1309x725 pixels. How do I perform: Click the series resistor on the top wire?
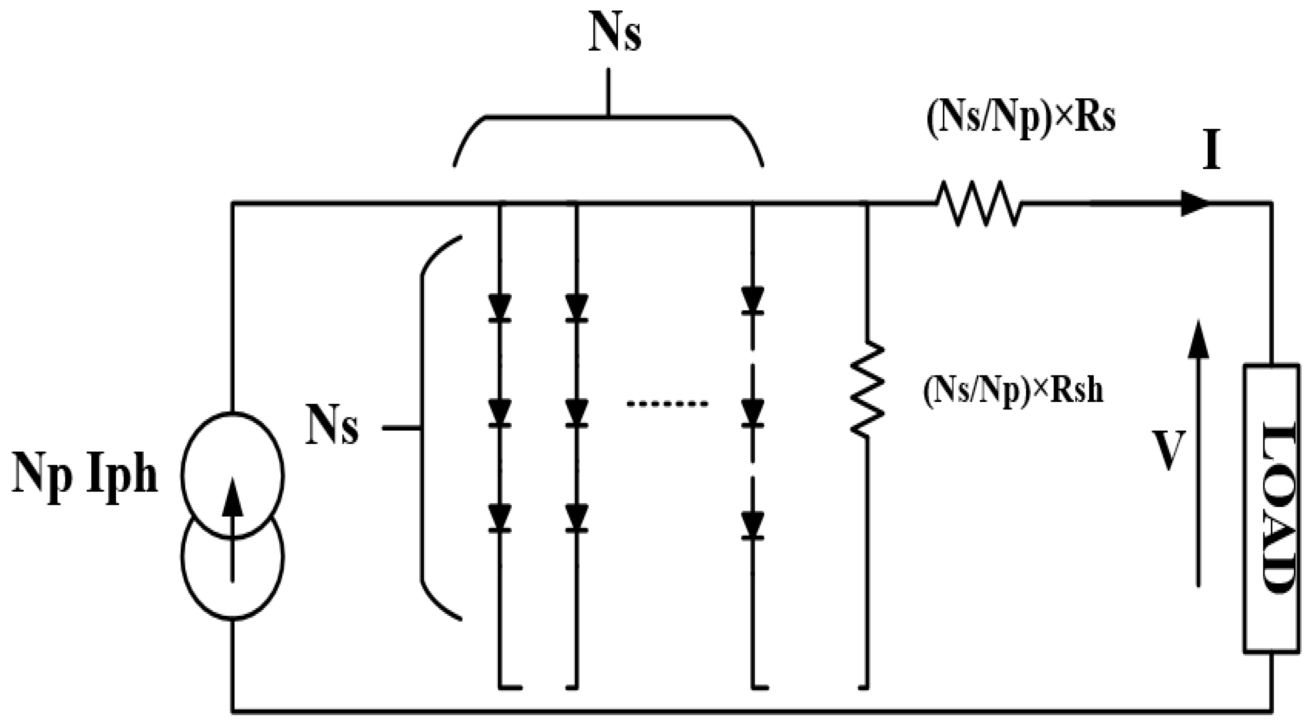(x=978, y=203)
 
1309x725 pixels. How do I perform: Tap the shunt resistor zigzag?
(x=867, y=389)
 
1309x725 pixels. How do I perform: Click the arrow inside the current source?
(x=233, y=528)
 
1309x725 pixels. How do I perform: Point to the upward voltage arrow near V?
(x=1199, y=452)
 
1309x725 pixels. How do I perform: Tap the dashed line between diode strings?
(x=667, y=405)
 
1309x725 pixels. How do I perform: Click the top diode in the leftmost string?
(x=499, y=308)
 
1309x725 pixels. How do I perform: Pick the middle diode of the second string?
(x=576, y=412)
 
